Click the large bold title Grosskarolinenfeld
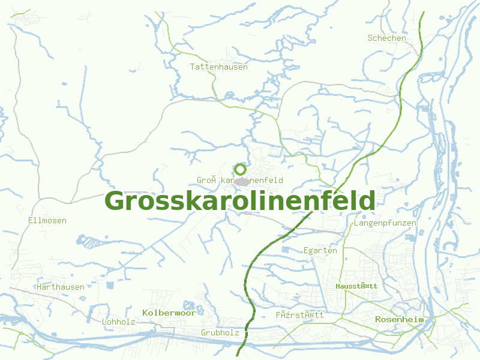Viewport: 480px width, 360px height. (x=241, y=201)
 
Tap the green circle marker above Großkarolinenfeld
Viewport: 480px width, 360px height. (x=241, y=169)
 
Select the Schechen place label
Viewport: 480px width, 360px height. (x=387, y=38)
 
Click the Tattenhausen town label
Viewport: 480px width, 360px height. (x=219, y=67)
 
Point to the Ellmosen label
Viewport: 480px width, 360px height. (x=47, y=220)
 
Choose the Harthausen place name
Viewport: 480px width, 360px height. (x=61, y=287)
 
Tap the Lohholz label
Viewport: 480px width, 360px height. (x=119, y=322)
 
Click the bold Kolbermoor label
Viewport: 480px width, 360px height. (x=169, y=313)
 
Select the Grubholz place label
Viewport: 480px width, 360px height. (x=220, y=332)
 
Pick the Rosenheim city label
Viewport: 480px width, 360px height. (x=400, y=319)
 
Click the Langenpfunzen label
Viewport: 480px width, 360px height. (x=385, y=223)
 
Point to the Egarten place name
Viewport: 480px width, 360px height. (x=320, y=250)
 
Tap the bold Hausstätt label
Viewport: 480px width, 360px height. (x=356, y=286)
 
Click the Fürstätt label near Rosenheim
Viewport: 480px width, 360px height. (x=300, y=314)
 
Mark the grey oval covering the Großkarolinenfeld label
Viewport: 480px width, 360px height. (x=241, y=181)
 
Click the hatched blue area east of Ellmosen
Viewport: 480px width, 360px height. (x=91, y=242)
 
